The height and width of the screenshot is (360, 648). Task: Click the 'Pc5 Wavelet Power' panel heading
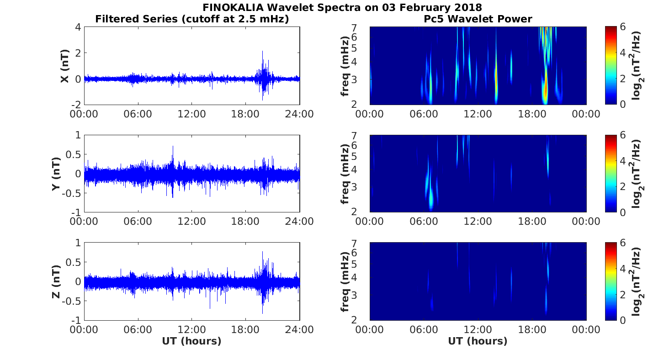(478, 19)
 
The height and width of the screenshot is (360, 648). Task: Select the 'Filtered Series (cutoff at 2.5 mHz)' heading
(192, 19)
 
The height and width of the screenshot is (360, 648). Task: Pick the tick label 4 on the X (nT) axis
(78, 27)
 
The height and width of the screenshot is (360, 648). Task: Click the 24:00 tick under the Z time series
(300, 329)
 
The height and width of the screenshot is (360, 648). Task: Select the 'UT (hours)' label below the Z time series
(191, 341)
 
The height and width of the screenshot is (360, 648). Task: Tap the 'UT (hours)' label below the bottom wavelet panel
(478, 341)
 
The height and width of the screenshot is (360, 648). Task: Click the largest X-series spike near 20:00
(263, 52)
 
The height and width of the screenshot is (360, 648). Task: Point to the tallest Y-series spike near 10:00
(173, 147)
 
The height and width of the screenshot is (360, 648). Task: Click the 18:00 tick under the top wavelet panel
(532, 114)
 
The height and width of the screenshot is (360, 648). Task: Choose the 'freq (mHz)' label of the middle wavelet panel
(345, 174)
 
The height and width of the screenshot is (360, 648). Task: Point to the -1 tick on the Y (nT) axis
(76, 212)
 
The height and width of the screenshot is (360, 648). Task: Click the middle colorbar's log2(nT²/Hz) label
(637, 174)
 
